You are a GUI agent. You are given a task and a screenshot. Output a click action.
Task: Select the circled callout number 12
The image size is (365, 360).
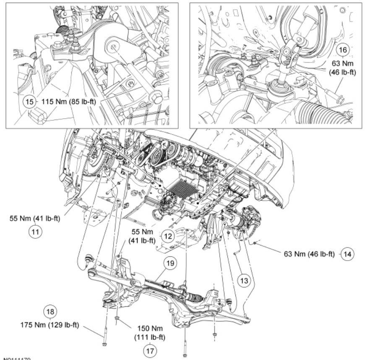pyautogui.click(x=168, y=237)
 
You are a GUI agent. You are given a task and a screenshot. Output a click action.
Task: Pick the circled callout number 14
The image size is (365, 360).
pyautogui.click(x=347, y=253)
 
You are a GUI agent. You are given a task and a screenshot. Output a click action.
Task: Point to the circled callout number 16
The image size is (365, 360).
pyautogui.click(x=343, y=50)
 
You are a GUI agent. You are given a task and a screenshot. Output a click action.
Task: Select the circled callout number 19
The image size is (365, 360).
pyautogui.click(x=169, y=263)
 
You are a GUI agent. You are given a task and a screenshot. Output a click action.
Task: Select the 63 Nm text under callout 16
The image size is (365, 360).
pyautogui.click(x=342, y=68)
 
